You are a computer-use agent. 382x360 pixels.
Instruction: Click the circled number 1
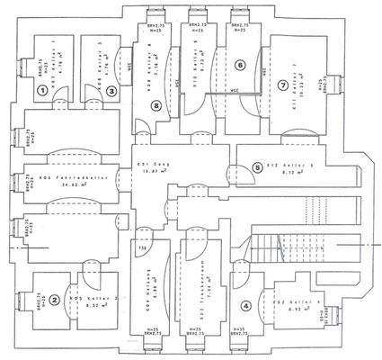(x=42, y=89)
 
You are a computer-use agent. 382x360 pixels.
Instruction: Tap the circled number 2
(x=54, y=301)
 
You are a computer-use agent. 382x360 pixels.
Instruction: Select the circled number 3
(x=111, y=89)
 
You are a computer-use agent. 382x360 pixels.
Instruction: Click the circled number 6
(x=239, y=65)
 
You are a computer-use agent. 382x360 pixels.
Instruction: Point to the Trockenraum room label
(x=191, y=276)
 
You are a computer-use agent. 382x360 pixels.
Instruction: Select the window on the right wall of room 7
(x=335, y=84)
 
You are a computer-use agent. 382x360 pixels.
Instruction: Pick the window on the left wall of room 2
(x=23, y=301)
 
